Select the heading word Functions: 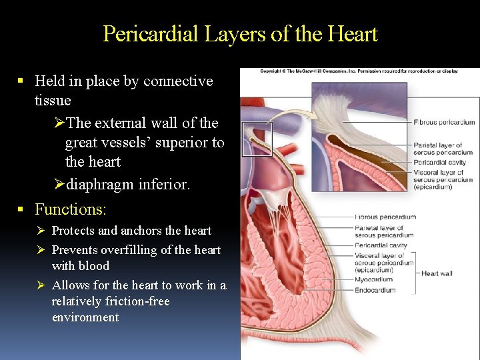70,209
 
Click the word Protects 73,231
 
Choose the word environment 85,317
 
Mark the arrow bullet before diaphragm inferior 58,185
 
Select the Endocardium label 375,290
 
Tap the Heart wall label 437,273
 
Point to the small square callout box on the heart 257,139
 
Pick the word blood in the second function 95,266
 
